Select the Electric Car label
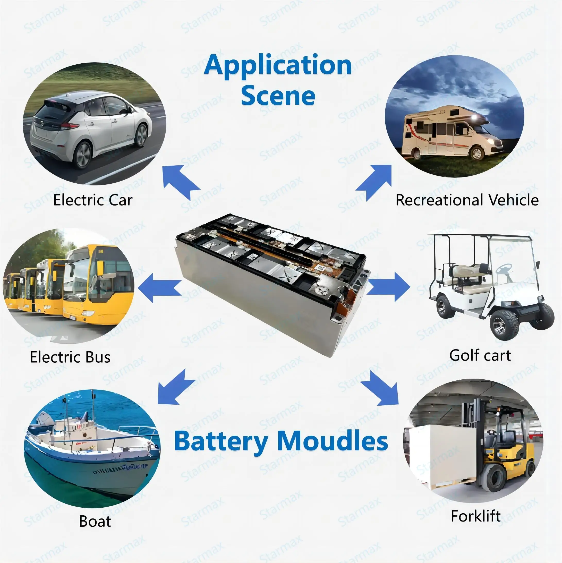click(x=93, y=200)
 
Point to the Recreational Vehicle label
click(x=467, y=200)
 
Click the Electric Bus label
click(x=70, y=357)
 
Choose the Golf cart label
click(x=480, y=355)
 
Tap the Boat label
click(x=95, y=521)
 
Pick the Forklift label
click(x=475, y=516)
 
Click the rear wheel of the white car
click(x=82, y=155)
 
